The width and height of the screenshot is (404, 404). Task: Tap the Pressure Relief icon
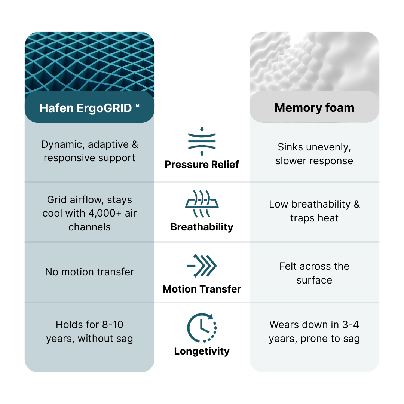202,141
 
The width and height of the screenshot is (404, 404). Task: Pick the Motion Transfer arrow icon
202,266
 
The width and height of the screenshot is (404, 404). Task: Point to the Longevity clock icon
202,328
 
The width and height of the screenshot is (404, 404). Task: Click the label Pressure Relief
202,164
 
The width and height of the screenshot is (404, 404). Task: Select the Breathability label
202,227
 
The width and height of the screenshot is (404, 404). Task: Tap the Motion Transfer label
202,289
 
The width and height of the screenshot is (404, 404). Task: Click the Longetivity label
202,351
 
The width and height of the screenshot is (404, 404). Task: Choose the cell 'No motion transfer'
89,272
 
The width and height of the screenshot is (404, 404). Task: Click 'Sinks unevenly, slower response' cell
314,154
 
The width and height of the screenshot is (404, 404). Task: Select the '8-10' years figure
113,325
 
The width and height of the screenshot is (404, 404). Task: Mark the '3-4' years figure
351,325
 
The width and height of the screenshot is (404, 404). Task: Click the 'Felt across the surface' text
314,273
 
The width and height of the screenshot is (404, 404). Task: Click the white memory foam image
314,62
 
